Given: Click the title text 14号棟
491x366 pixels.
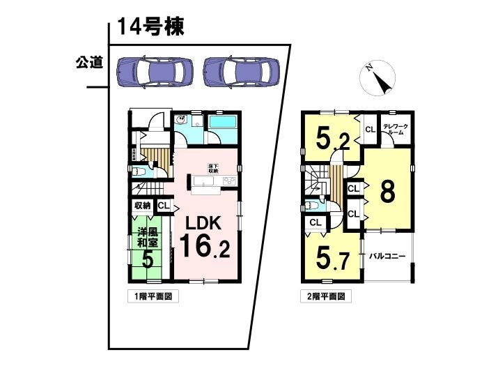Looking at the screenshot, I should [x=150, y=27].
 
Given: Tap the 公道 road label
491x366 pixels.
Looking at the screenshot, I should [x=89, y=63].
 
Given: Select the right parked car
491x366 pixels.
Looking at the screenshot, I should [x=241, y=70].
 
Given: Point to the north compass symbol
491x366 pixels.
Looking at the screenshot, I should [x=377, y=78].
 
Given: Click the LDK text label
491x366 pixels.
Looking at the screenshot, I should [x=202, y=223].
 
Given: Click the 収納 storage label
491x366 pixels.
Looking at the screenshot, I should [x=142, y=205].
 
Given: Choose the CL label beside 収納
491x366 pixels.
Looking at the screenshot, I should [x=163, y=205].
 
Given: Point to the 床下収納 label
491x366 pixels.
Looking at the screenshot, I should [x=212, y=167].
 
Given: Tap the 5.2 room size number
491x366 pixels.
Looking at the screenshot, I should [x=333, y=139].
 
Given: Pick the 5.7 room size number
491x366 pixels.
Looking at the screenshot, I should [x=333, y=259].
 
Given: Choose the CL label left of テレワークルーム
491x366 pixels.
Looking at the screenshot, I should [x=369, y=129].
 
